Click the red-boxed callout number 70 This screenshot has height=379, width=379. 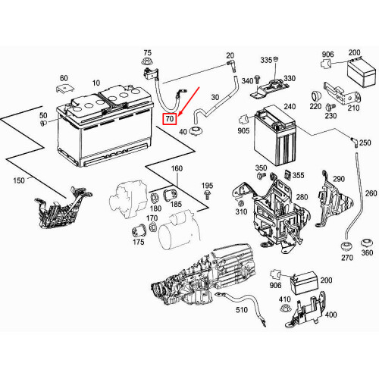tap(170, 118)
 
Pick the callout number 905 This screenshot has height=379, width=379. tap(243, 131)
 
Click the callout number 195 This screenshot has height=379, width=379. tap(207, 186)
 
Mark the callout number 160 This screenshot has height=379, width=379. tap(177, 168)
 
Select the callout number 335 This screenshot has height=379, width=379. tap(265, 59)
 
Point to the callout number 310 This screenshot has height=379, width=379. tap(241, 211)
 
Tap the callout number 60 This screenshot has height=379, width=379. tap(64, 78)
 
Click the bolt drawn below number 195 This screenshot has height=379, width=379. tap(207, 196)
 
